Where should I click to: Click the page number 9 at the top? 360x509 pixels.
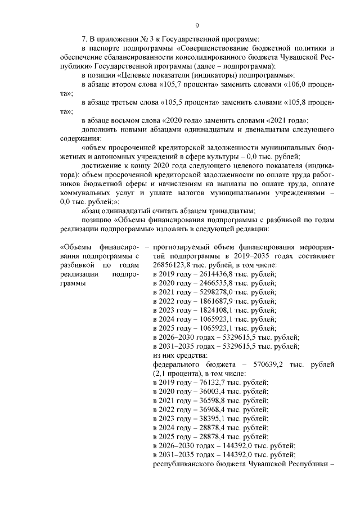point(197,25)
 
